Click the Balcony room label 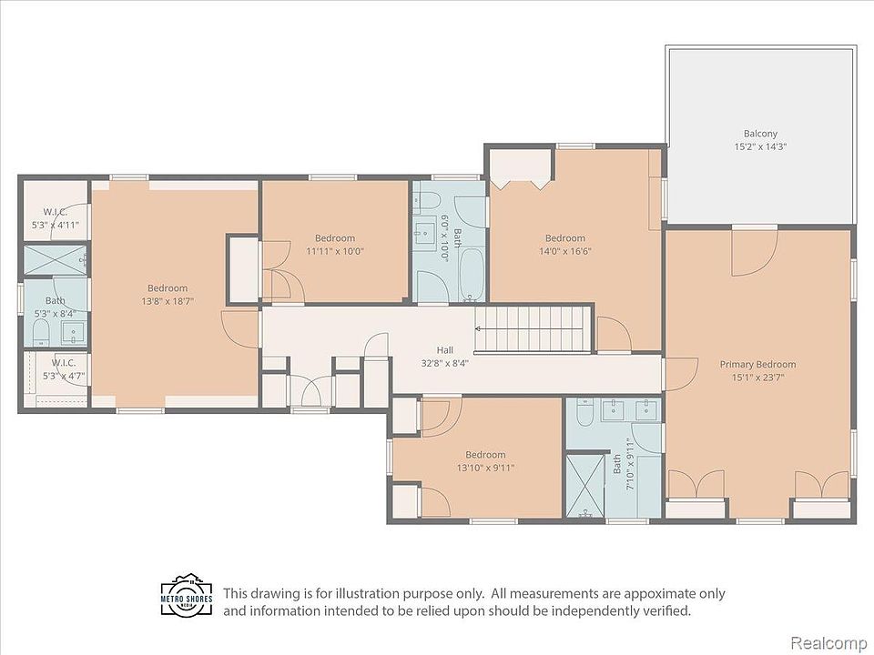tap(759, 134)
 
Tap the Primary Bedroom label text tap(757, 364)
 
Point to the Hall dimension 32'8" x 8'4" tap(445, 363)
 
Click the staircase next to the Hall tap(532, 329)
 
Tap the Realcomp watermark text tap(828, 642)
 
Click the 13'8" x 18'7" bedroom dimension tap(168, 301)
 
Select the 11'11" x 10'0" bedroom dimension tap(334, 251)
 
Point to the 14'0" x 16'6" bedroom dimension tap(564, 251)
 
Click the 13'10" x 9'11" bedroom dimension tap(485, 468)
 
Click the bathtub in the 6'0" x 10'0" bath tap(473, 275)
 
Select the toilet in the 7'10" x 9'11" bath tap(584, 412)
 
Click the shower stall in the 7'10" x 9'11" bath tap(584, 486)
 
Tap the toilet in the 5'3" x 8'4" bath tap(41, 333)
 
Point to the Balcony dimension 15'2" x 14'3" tap(759, 147)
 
